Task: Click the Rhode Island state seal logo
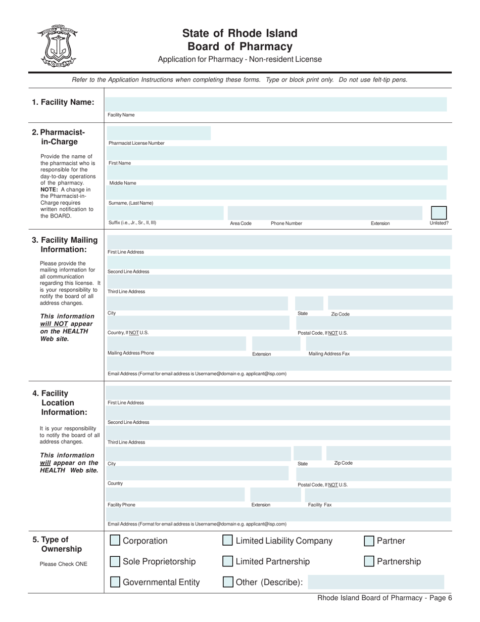click(57, 46)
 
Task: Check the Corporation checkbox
click(115, 541)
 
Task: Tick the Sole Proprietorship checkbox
click(115, 561)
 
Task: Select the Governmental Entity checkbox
click(115, 582)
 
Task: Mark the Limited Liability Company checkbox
click(228, 541)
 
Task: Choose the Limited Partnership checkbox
click(228, 561)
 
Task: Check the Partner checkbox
click(369, 541)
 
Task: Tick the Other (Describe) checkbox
click(228, 582)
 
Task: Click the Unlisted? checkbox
click(439, 213)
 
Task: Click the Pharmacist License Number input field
click(158, 133)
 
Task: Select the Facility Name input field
click(275, 104)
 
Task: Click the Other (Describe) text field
click(376, 582)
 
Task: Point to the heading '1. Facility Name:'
click(63, 102)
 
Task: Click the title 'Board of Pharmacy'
click(239, 47)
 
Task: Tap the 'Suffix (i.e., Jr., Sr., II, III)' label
click(132, 223)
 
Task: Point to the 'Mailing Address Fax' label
click(329, 354)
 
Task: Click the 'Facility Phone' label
click(122, 505)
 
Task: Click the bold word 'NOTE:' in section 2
click(50, 189)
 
